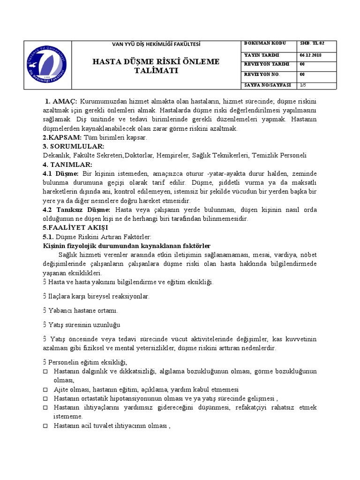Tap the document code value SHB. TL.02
tap(312, 43)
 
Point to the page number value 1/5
tap(304, 85)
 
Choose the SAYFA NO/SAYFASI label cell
tap(268, 85)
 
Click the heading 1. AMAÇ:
tap(61, 102)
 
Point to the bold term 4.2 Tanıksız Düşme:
tap(77, 210)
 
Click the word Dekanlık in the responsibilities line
tap(55, 156)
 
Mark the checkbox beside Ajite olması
tap(45, 390)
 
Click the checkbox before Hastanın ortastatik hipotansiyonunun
tap(45, 399)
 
